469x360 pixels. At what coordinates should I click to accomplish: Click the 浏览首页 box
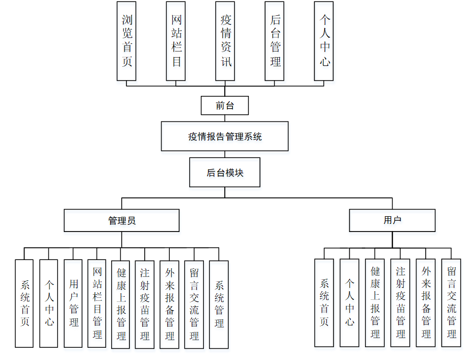(x=126, y=41)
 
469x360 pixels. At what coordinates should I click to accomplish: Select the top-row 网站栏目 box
(x=176, y=41)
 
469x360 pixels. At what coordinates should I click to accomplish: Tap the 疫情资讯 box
(x=225, y=41)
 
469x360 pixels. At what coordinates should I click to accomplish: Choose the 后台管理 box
(x=275, y=41)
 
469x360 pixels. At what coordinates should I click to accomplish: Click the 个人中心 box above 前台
(x=324, y=41)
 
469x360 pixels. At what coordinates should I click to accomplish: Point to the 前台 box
(x=225, y=106)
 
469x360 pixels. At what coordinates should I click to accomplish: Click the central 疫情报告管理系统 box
(x=225, y=136)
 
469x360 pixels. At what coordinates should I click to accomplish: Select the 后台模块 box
(x=225, y=172)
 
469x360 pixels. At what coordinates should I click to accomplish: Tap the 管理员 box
(x=122, y=221)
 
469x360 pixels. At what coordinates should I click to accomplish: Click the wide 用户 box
(x=392, y=220)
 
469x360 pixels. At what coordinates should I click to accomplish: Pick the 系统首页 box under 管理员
(x=24, y=303)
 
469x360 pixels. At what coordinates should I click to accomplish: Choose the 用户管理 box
(x=73, y=303)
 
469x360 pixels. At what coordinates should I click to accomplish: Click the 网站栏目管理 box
(x=97, y=303)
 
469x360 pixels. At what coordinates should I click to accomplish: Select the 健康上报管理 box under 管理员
(x=121, y=304)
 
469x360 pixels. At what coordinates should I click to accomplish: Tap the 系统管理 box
(x=219, y=304)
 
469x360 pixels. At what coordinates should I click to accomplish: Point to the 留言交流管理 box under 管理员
(x=194, y=304)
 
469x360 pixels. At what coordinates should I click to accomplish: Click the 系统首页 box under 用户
(x=324, y=302)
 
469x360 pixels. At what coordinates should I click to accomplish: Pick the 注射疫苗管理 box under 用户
(x=400, y=302)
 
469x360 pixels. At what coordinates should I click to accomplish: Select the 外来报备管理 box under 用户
(x=426, y=302)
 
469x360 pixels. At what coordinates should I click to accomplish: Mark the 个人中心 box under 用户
(x=349, y=302)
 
